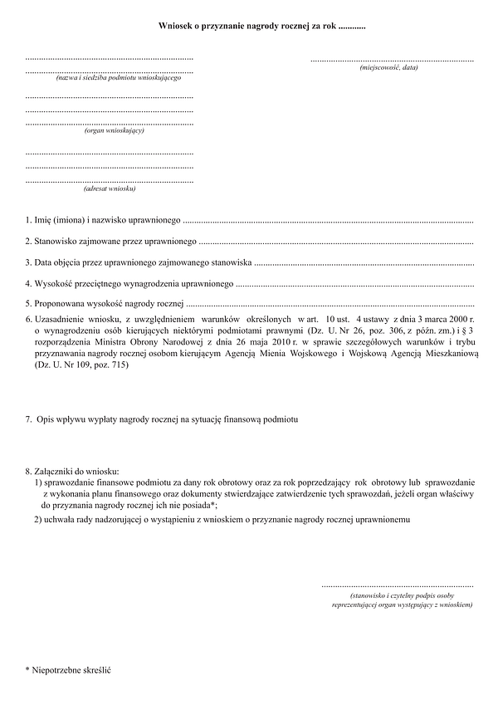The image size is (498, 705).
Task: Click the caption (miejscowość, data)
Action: pos(388,66)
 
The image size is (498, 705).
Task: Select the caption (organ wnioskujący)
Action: pos(115,130)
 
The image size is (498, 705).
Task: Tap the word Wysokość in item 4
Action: pos(54,284)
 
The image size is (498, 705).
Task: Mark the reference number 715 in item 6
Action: pos(120,365)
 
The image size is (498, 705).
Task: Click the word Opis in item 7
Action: pos(46,421)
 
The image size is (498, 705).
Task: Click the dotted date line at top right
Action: pos(393,60)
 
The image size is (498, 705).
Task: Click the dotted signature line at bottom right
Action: pos(397,586)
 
